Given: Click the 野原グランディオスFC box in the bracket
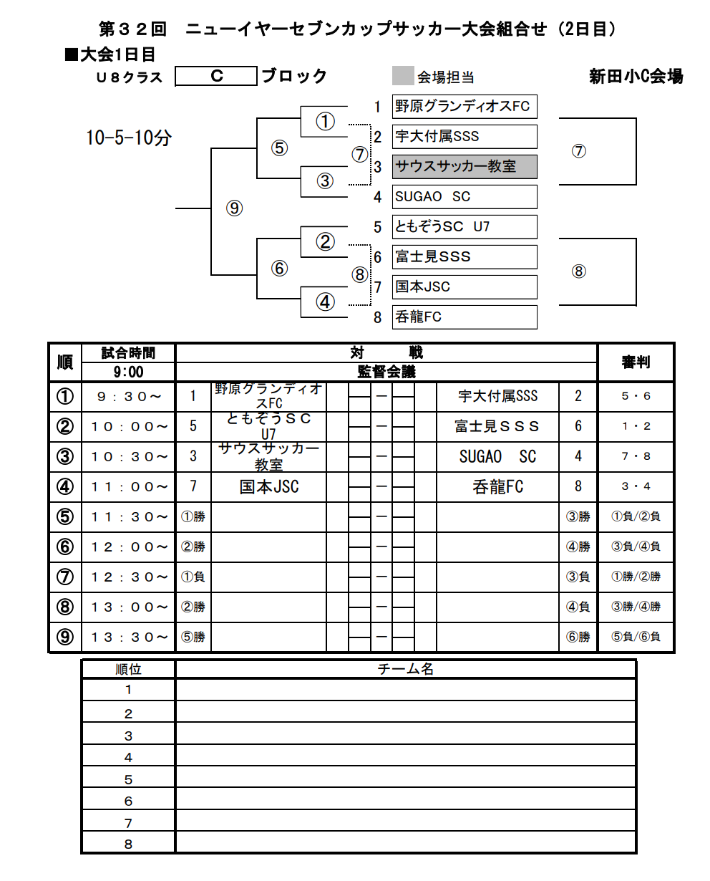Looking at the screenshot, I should tap(464, 107).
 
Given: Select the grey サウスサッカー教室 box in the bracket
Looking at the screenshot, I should tap(464, 167).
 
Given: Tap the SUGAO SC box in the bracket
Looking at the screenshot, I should tap(464, 197).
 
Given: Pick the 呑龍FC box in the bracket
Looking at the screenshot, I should tap(464, 317).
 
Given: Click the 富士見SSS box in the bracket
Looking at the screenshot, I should tap(464, 257).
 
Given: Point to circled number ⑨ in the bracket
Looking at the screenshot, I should tap(234, 208).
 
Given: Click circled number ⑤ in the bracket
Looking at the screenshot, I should tap(279, 148).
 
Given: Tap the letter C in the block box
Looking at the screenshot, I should tap(216, 76).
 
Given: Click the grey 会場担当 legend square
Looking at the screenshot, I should tap(403, 76).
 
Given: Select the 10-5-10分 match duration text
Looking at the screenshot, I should tap(129, 138).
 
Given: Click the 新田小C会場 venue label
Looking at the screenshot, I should tap(636, 77).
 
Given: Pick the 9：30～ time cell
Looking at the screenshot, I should tap(128, 396).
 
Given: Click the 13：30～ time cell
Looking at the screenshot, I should tap(128, 637).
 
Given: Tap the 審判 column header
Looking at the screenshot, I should tap(636, 362).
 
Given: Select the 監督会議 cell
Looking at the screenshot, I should tap(386, 372).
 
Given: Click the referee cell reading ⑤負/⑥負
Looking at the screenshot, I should tap(636, 637).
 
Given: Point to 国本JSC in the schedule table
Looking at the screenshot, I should tap(268, 487).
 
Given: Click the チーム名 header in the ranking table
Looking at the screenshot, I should tap(405, 669).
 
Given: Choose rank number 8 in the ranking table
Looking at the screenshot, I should tap(129, 844).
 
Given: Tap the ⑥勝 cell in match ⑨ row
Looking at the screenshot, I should tap(578, 637).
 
